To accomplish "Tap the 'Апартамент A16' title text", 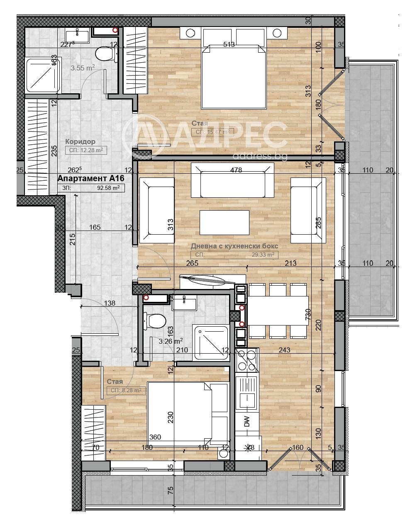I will [x=91, y=179].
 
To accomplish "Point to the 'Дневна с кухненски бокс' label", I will [x=234, y=246].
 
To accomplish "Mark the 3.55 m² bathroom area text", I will [x=83, y=68].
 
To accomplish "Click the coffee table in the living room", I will [x=225, y=223].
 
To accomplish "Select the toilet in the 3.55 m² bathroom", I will [x=105, y=54].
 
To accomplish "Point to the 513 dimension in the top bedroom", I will [x=229, y=45].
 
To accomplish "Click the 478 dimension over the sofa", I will [x=236, y=170].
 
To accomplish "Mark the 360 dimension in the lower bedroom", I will [x=155, y=437].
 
